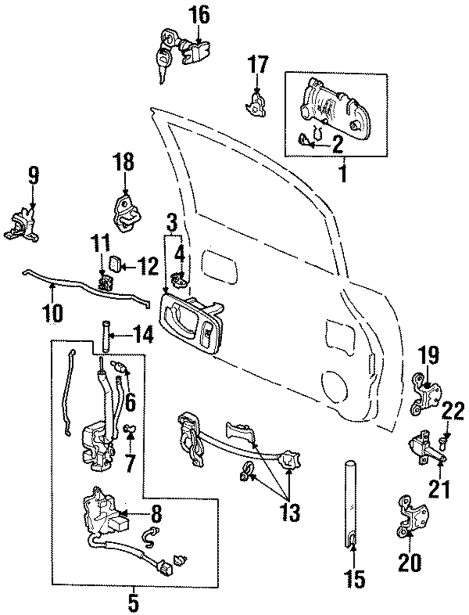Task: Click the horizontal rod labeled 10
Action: [x=84, y=293]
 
